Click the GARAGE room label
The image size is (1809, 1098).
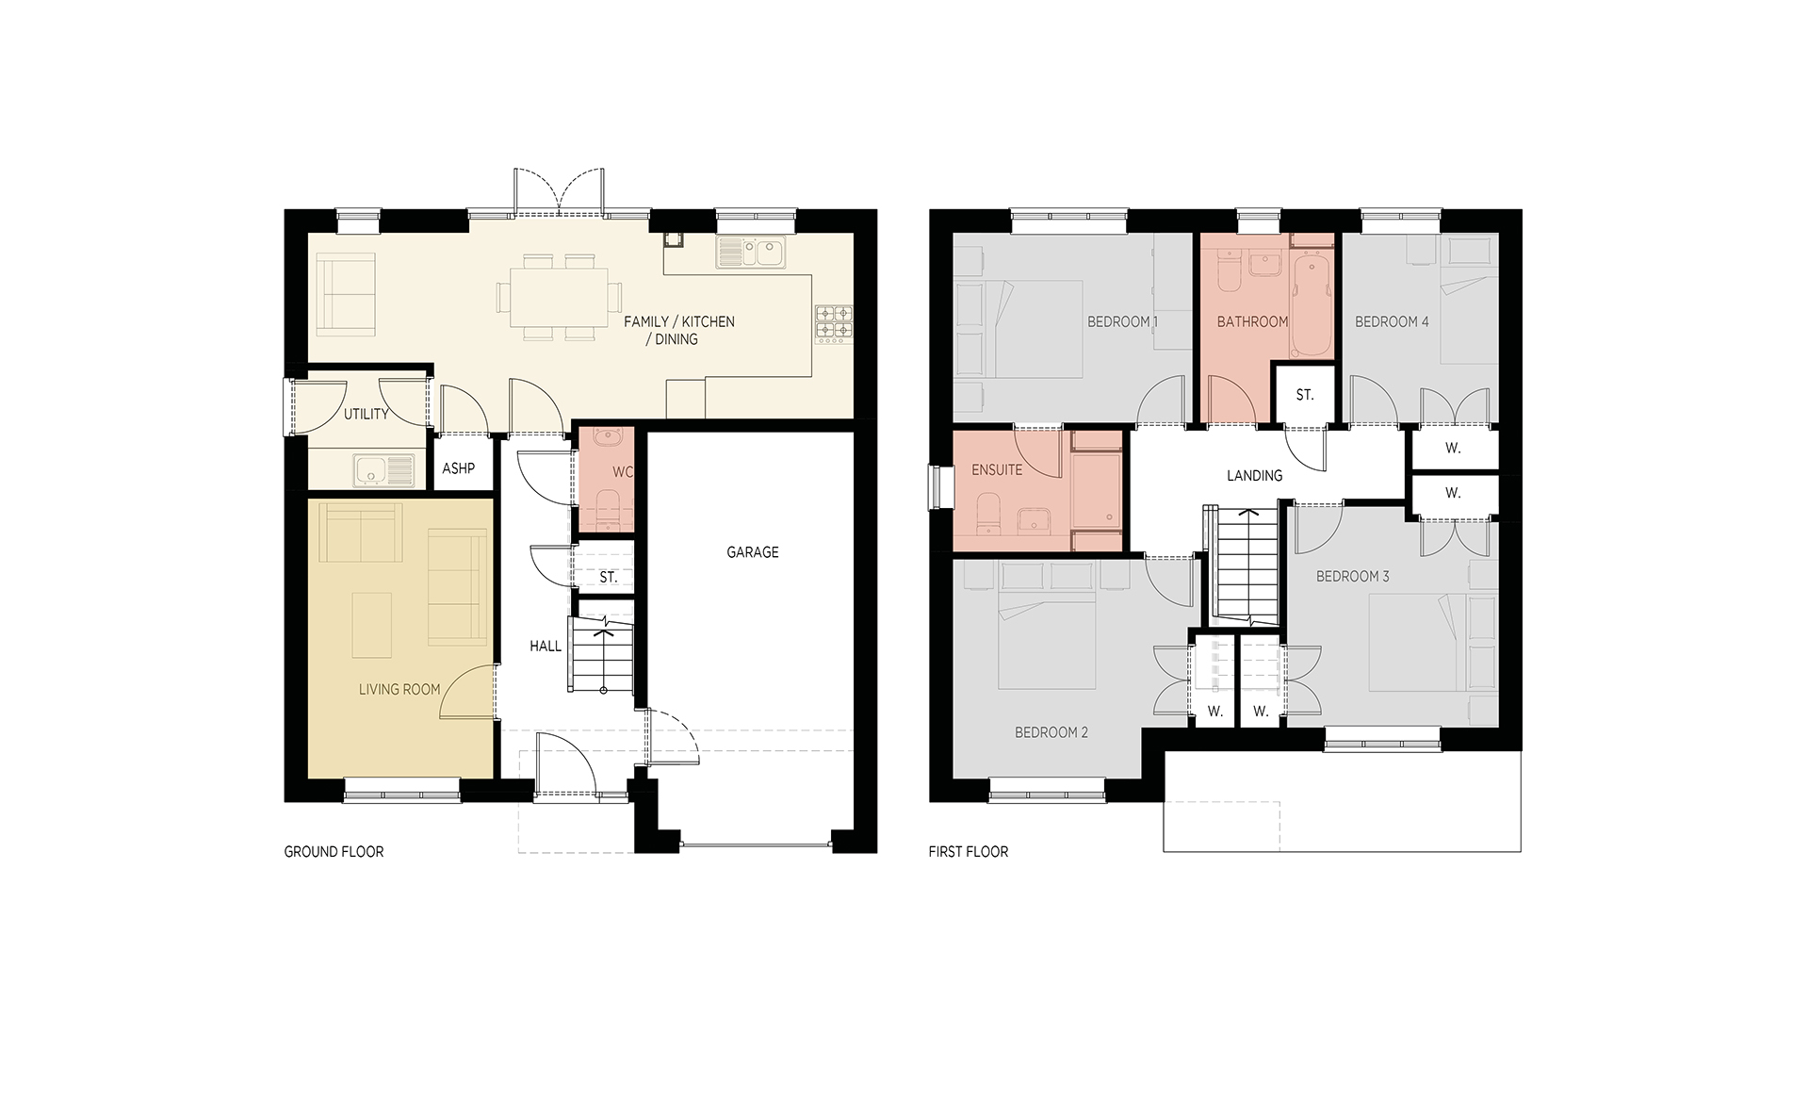(x=753, y=552)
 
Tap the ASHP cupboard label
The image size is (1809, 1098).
(x=459, y=468)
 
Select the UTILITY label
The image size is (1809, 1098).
(x=367, y=415)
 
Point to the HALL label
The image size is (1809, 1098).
(x=546, y=647)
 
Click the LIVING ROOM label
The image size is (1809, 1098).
(x=399, y=690)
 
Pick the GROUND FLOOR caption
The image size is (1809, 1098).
(x=334, y=852)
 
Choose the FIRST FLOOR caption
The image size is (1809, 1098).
(x=969, y=852)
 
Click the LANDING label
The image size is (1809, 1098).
(x=1255, y=476)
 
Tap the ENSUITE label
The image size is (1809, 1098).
(x=997, y=469)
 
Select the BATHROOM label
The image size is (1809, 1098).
(x=1252, y=322)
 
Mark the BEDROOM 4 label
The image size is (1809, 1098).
(x=1392, y=322)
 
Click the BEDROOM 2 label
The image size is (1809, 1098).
(x=1051, y=732)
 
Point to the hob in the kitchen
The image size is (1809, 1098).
(x=834, y=322)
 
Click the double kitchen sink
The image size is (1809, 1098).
(x=751, y=252)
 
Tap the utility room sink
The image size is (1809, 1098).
(x=384, y=469)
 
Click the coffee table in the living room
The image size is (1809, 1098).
(x=372, y=624)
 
